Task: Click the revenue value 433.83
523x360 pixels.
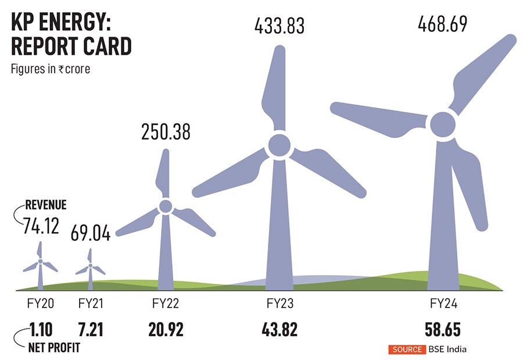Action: click(x=279, y=26)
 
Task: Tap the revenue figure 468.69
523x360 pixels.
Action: click(x=442, y=25)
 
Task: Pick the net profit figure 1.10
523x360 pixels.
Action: click(x=40, y=330)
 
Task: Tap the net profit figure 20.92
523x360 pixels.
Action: click(x=166, y=330)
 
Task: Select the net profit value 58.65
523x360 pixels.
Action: click(x=442, y=330)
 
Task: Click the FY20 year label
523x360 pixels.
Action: click(x=40, y=304)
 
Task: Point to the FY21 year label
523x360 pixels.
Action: click(x=90, y=304)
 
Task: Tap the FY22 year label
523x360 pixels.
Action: click(x=166, y=304)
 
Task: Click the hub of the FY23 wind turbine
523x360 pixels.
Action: click(x=278, y=146)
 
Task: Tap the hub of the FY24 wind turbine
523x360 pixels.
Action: click(x=443, y=124)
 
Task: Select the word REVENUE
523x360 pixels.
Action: click(x=46, y=205)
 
